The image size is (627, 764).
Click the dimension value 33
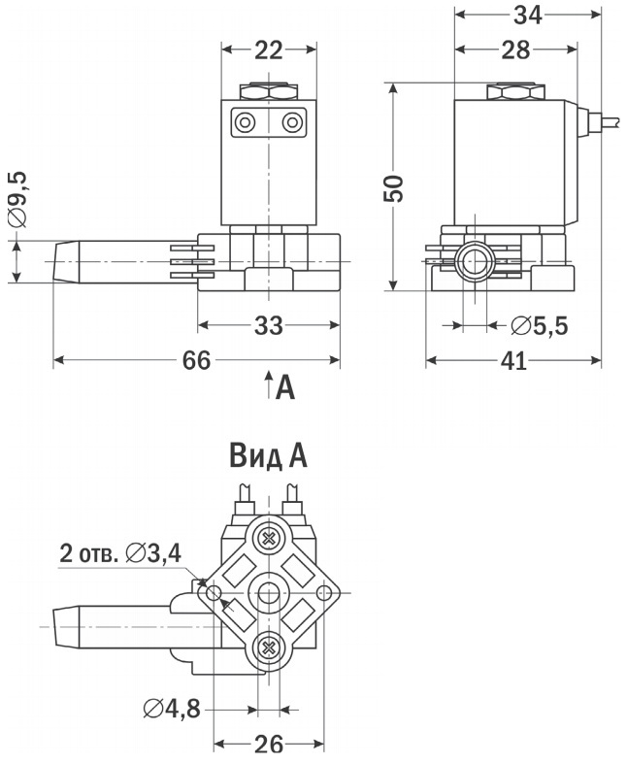tap(268, 326)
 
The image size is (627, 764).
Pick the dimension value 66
tap(196, 361)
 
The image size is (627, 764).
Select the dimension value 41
tap(513, 361)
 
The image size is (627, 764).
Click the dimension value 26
tap(268, 745)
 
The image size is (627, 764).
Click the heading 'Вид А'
tap(268, 456)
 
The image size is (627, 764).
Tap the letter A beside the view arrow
tap(284, 388)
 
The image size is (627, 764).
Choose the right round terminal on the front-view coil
tap(292, 122)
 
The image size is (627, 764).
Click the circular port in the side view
tap(476, 262)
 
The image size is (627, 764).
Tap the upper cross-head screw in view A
tap(267, 537)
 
